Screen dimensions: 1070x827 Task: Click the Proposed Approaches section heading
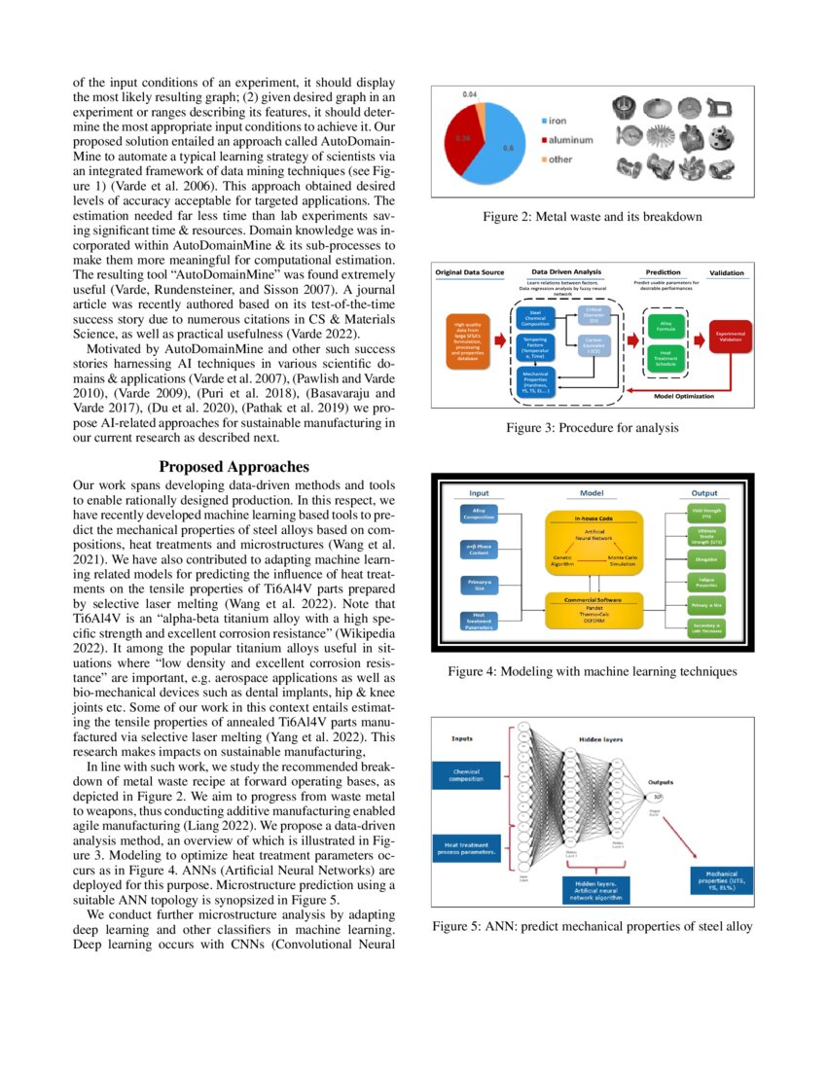pos(234,467)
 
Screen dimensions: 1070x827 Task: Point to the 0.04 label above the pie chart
pos(469,93)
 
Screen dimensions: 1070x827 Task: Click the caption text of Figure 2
pos(592,216)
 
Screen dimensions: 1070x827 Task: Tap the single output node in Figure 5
pos(661,797)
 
